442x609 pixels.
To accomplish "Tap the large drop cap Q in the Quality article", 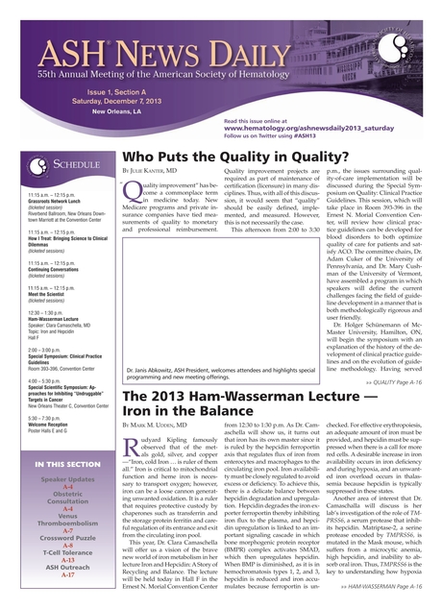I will coord(133,192).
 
